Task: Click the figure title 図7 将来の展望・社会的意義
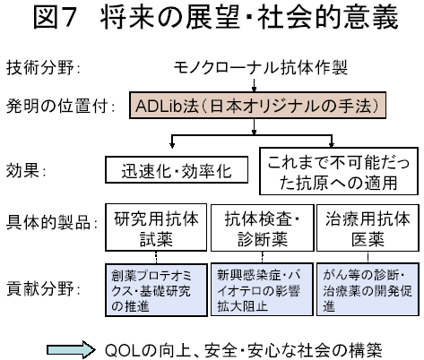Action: tap(215, 18)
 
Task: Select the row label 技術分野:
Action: tap(43, 67)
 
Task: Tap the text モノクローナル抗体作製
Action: tap(260, 67)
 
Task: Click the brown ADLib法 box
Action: tap(257, 106)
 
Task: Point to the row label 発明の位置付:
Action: tap(60, 106)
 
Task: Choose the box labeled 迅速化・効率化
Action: tap(177, 169)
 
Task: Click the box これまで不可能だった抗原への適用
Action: tap(339, 171)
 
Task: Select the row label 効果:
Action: tap(26, 171)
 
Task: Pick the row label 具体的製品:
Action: tap(51, 222)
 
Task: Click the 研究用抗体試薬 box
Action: tap(156, 227)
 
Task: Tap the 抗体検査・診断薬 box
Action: tap(262, 227)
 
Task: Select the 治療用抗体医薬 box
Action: tap(368, 227)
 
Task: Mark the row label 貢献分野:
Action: tap(43, 289)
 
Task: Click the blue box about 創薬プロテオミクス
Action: tap(156, 289)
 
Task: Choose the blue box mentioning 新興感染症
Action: tap(262, 289)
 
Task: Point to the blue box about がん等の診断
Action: tap(368, 289)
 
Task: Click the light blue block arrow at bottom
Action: tap(71, 349)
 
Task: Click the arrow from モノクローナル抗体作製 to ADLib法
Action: tap(254, 85)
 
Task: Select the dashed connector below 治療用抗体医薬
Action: tap(368, 257)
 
